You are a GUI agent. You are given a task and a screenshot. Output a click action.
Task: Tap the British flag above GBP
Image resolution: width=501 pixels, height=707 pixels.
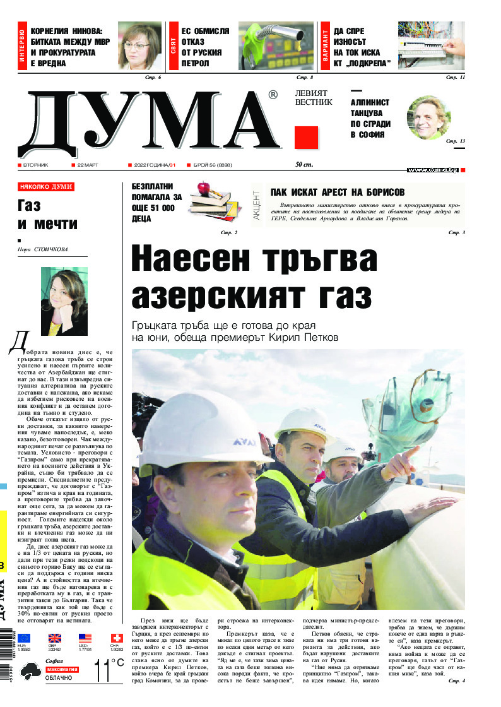click(56, 638)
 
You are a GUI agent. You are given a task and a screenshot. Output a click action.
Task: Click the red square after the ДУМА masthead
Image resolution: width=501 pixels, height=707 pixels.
click(306, 138)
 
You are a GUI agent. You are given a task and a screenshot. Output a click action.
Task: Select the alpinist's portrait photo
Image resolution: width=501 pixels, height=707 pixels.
click(428, 118)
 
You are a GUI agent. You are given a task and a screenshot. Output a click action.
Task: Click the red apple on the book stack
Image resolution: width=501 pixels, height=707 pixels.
click(203, 187)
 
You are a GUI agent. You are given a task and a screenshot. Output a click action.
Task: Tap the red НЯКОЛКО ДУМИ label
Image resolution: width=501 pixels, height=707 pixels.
click(46, 187)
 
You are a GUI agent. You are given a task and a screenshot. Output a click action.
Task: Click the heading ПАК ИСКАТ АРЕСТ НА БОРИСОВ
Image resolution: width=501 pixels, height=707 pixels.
click(338, 193)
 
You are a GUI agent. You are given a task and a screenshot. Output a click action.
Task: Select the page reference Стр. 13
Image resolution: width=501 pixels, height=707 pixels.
click(455, 141)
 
